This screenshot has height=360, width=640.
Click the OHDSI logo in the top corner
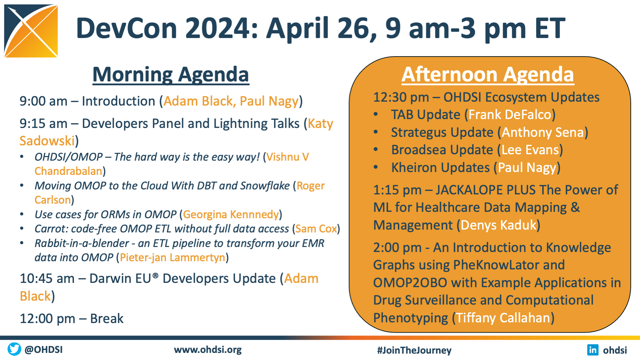click(31, 31)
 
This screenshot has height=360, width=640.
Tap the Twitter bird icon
click(14, 349)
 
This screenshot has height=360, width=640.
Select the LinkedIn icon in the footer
click(593, 350)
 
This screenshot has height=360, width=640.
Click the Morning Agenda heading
click(171, 75)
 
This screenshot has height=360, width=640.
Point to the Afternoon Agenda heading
click(488, 75)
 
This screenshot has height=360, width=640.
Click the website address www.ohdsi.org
click(208, 350)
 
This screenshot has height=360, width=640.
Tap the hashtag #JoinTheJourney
click(414, 350)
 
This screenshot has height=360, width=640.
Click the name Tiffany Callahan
click(503, 318)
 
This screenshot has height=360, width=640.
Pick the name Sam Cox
click(316, 229)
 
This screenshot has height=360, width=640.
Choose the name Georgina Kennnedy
click(231, 215)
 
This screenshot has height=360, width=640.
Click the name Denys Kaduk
click(499, 225)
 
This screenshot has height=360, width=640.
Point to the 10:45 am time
click(47, 279)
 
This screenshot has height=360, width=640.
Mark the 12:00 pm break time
click(47, 319)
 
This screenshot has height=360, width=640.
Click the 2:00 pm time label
click(397, 248)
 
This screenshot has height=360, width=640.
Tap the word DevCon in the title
click(127, 28)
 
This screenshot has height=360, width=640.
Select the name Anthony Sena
click(543, 133)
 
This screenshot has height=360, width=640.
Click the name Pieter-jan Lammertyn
click(173, 258)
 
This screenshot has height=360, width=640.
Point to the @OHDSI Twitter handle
click(43, 350)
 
